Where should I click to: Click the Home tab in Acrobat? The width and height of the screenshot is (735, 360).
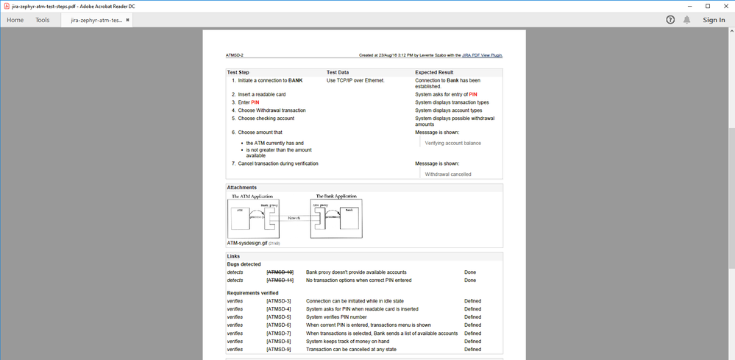15,20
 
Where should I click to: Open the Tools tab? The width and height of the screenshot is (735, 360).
43,20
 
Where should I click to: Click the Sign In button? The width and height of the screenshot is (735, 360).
714,20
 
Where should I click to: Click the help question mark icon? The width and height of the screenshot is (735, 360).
670,20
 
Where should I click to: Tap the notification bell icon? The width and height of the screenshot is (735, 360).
687,20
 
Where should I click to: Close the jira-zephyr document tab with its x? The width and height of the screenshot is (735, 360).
128,20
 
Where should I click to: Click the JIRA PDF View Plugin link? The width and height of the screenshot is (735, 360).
482,55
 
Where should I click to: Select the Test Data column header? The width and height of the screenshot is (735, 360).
338,72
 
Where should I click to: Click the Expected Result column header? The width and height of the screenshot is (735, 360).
434,72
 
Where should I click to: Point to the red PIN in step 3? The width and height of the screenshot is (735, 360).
255,102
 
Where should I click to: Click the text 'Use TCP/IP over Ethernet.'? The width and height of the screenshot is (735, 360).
355,80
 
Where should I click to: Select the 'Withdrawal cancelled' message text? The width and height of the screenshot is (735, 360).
448,174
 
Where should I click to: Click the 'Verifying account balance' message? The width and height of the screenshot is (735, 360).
452,143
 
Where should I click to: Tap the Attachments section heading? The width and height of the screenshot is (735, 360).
242,188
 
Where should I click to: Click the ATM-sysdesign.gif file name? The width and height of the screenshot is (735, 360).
247,242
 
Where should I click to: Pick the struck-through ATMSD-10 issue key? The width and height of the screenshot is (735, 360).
280,272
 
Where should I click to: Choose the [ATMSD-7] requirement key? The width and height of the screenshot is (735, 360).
279,333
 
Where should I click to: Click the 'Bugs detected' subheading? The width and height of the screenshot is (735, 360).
244,264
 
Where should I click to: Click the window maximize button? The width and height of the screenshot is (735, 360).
708,6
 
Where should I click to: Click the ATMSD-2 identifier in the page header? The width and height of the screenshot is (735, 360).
234,55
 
